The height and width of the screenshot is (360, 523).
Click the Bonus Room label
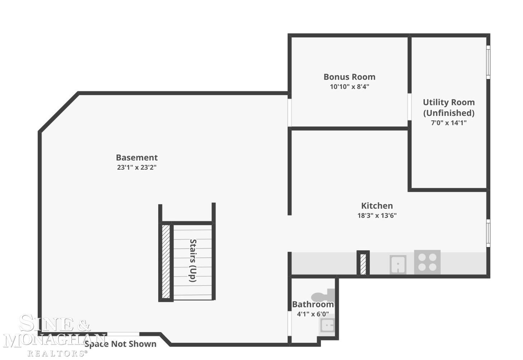pyautogui.click(x=349, y=77)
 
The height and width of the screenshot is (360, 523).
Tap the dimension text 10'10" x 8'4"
pyautogui.click(x=349, y=87)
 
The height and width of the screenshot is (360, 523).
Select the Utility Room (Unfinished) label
pyautogui.click(x=449, y=108)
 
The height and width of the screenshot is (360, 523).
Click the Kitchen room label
pyautogui.click(x=377, y=206)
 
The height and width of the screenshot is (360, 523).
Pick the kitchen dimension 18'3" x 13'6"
pyautogui.click(x=377, y=216)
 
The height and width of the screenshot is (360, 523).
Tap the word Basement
pyautogui.click(x=137, y=158)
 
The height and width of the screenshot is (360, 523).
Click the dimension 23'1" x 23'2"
pyautogui.click(x=137, y=168)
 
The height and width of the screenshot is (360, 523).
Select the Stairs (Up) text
pyautogui.click(x=193, y=261)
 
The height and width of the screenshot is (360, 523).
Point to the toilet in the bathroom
pyautogui.click(x=323, y=295)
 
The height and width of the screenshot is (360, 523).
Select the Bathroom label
pyautogui.click(x=313, y=304)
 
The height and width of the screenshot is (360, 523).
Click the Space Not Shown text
pyautogui.click(x=121, y=344)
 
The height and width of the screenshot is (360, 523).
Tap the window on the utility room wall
pyautogui.click(x=488, y=62)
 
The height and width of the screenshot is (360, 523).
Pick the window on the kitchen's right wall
pyautogui.click(x=488, y=233)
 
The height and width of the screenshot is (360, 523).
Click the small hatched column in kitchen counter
pyautogui.click(x=363, y=264)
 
